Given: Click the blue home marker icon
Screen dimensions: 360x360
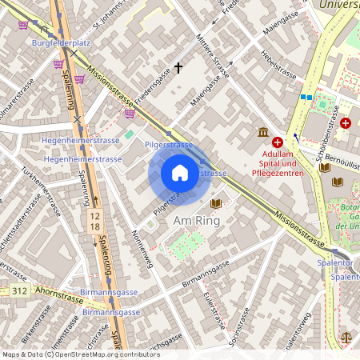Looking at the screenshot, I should point(180,173).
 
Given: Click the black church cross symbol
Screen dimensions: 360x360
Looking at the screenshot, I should point(178,70).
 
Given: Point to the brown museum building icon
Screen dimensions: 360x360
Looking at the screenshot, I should point(262,132).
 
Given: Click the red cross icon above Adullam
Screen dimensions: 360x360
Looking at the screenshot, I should point(278,141).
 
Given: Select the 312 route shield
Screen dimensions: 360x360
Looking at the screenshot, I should point(20,293).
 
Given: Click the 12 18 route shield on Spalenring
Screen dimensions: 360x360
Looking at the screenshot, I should point(95,222).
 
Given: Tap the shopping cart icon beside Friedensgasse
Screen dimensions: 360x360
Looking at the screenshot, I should point(130,114).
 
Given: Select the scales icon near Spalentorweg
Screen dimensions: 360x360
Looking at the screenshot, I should point(346,337).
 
